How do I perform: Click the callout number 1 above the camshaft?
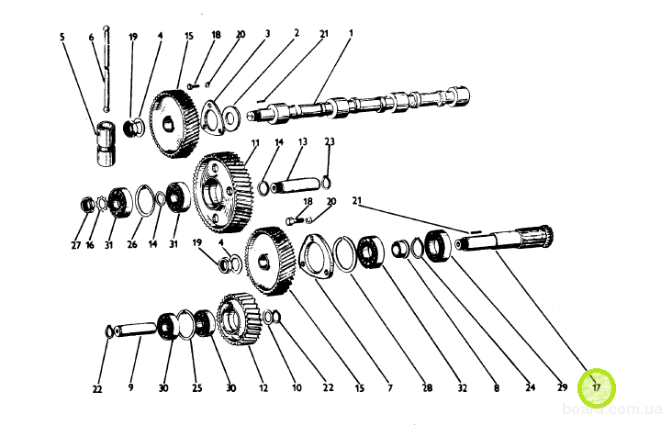[x=351, y=33]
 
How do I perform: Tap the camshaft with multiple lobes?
[x=367, y=106]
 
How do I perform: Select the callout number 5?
[x=62, y=38]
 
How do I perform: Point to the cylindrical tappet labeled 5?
[x=106, y=144]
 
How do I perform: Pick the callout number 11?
[x=255, y=144]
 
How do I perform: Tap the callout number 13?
[x=302, y=143]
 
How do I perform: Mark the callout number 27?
[x=75, y=246]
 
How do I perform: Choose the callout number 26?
[x=134, y=246]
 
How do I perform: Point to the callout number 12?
[x=263, y=388]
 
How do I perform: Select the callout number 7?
[x=389, y=388]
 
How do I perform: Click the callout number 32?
[x=463, y=388]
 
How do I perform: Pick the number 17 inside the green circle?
[x=597, y=387]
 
